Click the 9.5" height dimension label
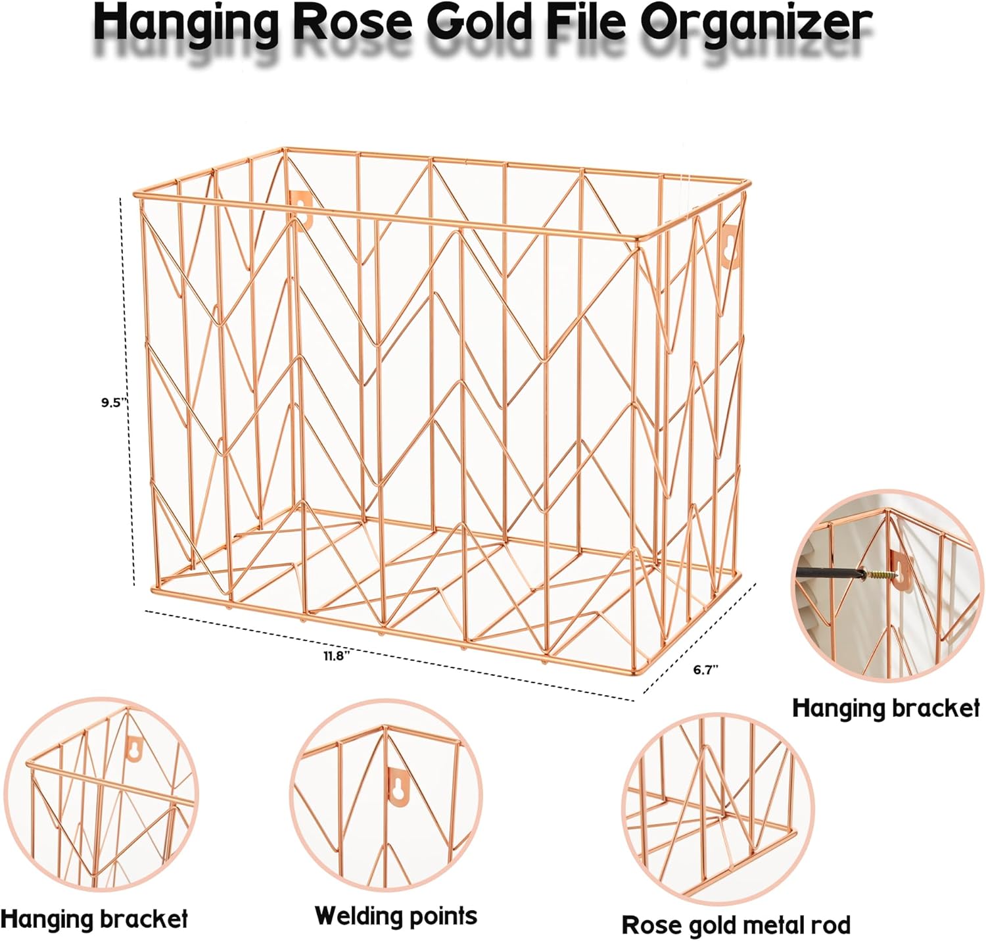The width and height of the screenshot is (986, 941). [111, 402]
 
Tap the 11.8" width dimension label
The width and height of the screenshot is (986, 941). [336, 656]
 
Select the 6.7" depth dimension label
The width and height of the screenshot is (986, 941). [706, 670]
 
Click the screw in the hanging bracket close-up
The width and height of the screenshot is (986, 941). [878, 575]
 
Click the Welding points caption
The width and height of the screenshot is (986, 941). [396, 916]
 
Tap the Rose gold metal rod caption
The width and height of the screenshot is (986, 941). [736, 925]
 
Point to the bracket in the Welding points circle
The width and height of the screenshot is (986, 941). [396, 786]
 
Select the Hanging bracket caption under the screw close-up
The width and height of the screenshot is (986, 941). [885, 708]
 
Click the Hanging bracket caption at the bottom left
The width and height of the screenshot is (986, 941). [94, 919]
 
